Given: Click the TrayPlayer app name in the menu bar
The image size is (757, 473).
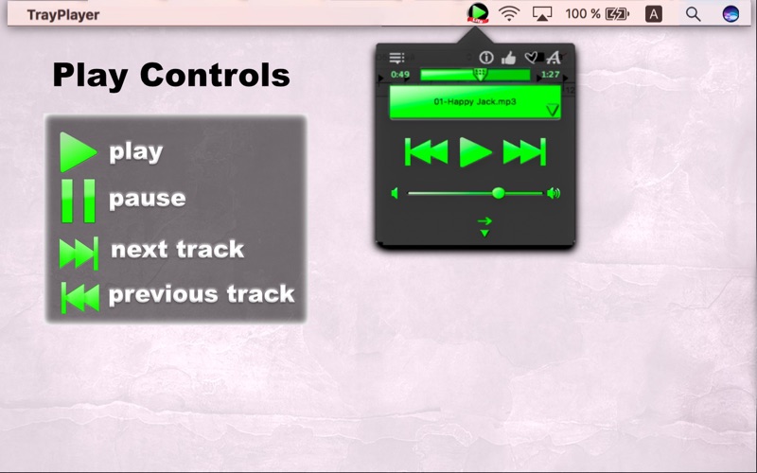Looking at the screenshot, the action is (x=63, y=14).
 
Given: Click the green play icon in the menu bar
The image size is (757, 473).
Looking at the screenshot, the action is (x=478, y=13).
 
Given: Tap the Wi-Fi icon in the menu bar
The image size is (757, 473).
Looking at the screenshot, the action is (x=509, y=14).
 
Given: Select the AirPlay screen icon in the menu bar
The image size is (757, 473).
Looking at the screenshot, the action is (x=542, y=14).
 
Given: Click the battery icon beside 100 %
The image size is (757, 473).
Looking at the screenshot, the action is (x=618, y=14).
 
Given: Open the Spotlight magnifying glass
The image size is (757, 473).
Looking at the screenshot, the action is (x=694, y=14).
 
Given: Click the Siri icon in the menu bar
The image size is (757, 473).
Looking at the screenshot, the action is (x=731, y=14).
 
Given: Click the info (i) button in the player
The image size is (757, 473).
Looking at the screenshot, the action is (x=486, y=58).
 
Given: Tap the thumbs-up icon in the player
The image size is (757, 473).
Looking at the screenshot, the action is (x=508, y=58).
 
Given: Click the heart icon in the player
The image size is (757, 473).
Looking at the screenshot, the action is (x=531, y=58).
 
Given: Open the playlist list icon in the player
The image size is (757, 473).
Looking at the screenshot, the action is (x=396, y=58).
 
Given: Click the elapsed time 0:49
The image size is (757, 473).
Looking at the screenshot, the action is (x=400, y=75).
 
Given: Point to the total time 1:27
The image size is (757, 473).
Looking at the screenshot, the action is (x=551, y=75).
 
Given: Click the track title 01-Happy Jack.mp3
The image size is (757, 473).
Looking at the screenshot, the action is (x=475, y=102).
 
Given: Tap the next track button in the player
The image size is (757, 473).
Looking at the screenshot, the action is (x=524, y=152).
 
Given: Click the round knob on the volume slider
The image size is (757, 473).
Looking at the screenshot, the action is (x=499, y=194).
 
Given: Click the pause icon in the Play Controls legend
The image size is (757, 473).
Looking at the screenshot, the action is (x=78, y=201).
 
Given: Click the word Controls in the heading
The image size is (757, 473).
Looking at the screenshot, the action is (x=215, y=76).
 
